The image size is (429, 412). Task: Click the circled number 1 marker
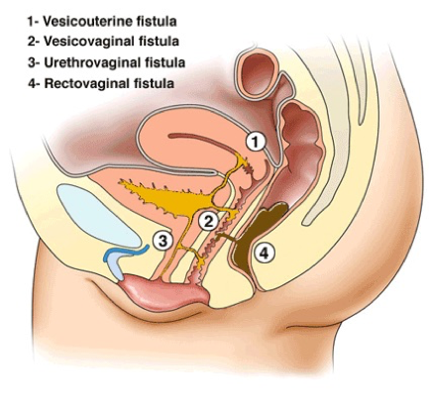click(x=256, y=142)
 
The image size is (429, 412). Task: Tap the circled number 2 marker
click(x=208, y=222)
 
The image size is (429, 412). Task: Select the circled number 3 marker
click(x=162, y=242)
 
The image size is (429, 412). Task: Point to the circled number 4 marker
click(x=264, y=254)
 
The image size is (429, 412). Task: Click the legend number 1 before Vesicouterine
click(x=32, y=22)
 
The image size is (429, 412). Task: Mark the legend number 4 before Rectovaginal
click(x=32, y=83)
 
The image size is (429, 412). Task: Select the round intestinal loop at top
click(x=257, y=73)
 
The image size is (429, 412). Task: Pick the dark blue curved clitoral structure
click(x=125, y=254)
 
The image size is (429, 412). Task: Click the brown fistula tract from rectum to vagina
click(x=227, y=237)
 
